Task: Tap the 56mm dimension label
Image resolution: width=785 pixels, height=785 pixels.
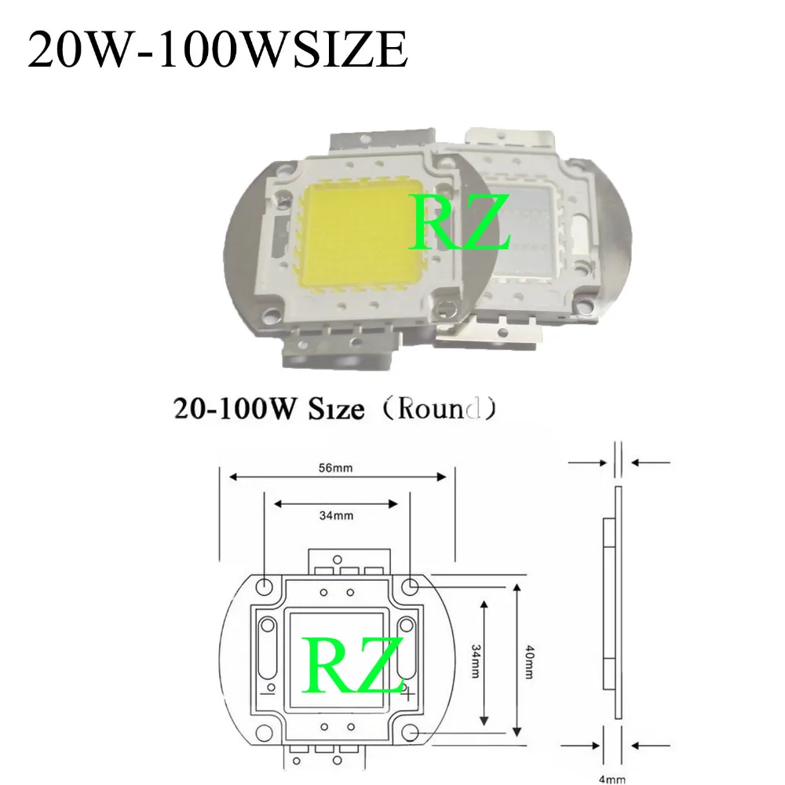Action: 337,469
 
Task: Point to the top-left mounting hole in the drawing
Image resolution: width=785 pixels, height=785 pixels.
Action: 265,586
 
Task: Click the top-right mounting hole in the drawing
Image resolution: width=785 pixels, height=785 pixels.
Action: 411,586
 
